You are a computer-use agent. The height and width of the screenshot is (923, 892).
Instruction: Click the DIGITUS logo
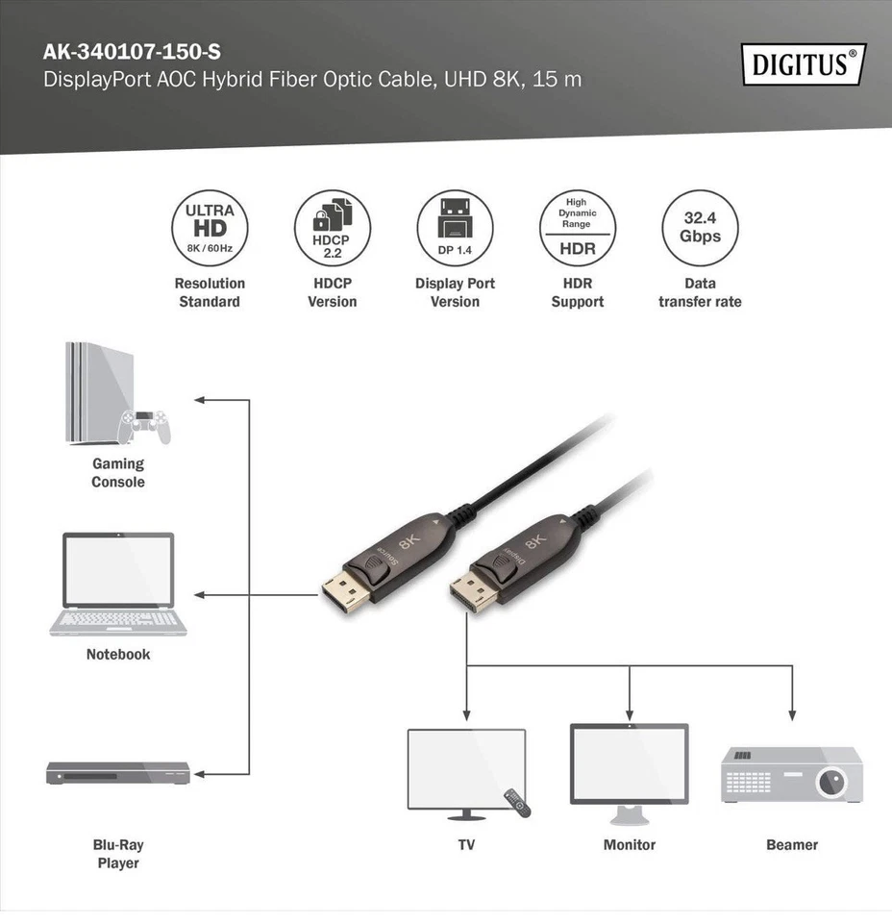tap(804, 64)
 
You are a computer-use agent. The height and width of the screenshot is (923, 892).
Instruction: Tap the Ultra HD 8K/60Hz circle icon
tap(210, 228)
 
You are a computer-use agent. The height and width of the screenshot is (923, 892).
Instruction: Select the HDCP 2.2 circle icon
tap(332, 228)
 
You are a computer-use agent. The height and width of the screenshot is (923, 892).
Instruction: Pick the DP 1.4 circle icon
tap(455, 228)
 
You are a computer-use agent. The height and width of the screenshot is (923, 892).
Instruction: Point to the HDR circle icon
tap(577, 228)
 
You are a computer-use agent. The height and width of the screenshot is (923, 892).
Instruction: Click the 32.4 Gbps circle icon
tap(700, 228)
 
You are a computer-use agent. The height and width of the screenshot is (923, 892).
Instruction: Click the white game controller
tap(145, 426)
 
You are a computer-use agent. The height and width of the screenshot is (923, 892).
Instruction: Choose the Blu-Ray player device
tap(118, 772)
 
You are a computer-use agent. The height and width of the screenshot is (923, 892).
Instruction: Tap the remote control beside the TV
tap(517, 802)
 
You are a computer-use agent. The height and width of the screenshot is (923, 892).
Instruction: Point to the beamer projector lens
tap(832, 783)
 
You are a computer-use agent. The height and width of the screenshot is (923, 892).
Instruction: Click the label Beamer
tap(792, 845)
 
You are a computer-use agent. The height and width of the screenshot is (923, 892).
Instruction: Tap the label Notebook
tap(118, 655)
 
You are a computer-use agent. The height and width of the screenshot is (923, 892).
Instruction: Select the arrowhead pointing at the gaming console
tap(199, 399)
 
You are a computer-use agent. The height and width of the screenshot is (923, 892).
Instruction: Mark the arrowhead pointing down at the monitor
tap(629, 715)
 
